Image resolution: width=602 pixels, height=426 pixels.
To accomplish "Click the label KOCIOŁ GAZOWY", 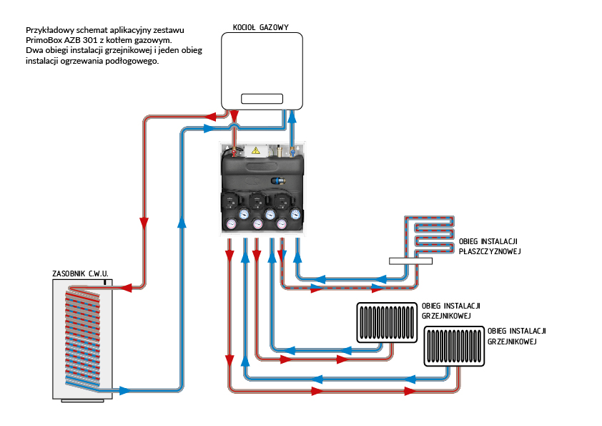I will (261, 27).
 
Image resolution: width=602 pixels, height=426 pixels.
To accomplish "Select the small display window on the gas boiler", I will (262, 99).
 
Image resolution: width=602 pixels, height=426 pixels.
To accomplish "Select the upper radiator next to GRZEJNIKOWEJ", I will (387, 323).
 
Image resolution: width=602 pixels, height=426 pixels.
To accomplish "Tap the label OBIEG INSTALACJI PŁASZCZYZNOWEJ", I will (489, 246).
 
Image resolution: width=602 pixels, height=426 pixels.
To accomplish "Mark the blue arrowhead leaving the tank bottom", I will (125, 390).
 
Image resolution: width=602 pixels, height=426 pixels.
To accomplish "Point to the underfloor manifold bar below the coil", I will (410, 261).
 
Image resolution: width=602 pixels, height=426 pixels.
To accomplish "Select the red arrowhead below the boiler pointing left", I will (210, 115).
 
